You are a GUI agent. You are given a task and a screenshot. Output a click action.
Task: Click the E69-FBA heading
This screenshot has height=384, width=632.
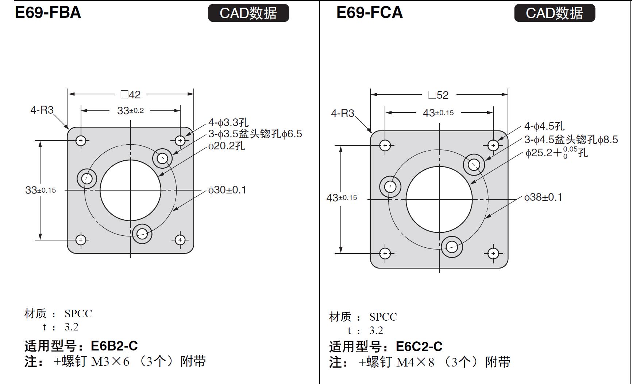tap(48, 12)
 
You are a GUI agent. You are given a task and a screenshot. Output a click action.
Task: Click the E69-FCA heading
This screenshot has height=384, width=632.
tap(369, 12)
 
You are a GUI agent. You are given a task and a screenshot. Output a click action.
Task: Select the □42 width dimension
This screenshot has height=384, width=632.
tap(131, 95)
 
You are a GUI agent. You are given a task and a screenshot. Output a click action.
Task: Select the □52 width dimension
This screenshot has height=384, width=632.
tap(439, 95)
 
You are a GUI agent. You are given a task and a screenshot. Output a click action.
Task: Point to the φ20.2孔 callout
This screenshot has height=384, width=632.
tap(227, 146)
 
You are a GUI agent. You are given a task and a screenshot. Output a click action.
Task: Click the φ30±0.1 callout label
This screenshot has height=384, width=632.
tap(227, 190)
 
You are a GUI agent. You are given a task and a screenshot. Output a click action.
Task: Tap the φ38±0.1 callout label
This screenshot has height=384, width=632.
tap(543, 197)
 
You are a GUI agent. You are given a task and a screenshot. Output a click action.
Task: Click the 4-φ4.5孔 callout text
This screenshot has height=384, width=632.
tap(544, 126)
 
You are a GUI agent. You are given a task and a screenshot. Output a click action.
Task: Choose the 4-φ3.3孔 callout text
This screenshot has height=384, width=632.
tap(228, 122)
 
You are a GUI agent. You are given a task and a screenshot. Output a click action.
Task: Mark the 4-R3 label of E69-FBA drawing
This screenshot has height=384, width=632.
tap(42, 110)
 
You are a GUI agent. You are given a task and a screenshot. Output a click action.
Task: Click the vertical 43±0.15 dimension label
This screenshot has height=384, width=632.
tap(342, 197)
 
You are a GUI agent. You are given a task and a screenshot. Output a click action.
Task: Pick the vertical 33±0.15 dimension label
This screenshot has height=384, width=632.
tap(41, 190)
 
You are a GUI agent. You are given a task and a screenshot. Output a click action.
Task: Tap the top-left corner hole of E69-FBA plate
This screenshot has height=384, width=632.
tap(81, 140)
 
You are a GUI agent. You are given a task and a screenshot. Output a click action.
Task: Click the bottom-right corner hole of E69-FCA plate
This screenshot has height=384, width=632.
tap(493, 254)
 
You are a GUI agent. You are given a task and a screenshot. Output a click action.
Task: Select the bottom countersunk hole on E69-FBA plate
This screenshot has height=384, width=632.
tap(142, 234)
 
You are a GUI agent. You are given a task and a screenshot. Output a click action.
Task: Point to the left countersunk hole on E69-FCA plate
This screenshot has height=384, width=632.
tap(390, 187)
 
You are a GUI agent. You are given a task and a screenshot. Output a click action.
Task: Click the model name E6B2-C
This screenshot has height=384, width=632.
tap(114, 345)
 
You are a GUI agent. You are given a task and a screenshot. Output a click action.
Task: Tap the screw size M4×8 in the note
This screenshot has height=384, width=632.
tap(415, 362)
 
